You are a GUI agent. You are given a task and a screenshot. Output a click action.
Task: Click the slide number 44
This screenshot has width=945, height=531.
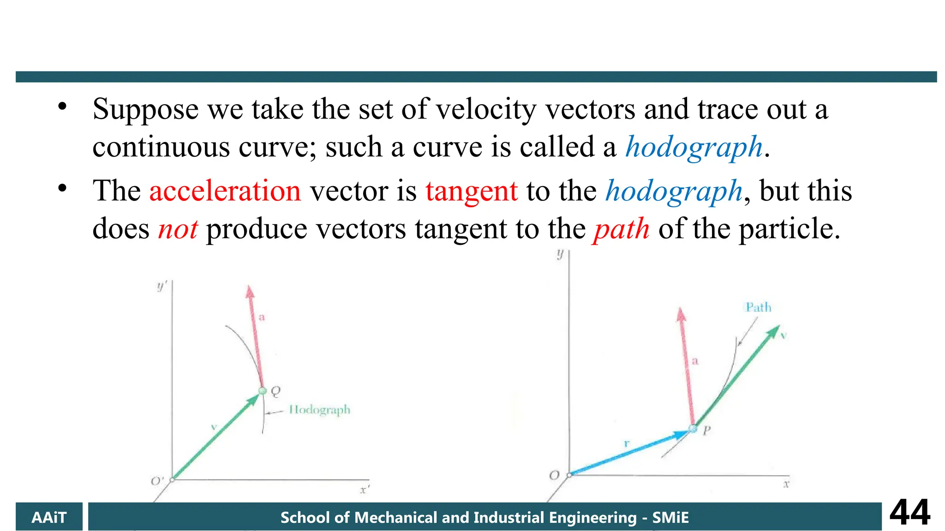click(909, 513)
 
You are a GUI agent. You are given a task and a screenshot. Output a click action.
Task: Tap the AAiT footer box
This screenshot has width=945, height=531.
click(49, 517)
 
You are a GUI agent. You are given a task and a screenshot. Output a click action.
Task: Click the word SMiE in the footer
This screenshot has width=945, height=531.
click(670, 518)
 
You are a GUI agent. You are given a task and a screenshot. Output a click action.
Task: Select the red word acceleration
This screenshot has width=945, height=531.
click(225, 191)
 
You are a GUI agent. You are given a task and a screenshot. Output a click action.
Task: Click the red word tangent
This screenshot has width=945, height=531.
click(471, 191)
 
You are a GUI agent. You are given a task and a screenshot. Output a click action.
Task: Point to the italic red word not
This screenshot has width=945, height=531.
click(178, 229)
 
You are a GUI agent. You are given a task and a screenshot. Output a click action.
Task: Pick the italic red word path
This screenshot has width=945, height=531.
click(621, 229)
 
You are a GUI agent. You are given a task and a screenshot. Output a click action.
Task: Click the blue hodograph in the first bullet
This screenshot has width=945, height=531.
click(694, 147)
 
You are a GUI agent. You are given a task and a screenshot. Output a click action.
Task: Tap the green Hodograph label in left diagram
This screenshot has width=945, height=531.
click(319, 410)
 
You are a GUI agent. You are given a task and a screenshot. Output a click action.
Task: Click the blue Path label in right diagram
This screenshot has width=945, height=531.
click(758, 307)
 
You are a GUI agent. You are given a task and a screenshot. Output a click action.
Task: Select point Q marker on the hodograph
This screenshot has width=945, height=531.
click(263, 391)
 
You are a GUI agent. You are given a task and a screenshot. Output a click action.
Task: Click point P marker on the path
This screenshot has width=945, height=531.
click(693, 429)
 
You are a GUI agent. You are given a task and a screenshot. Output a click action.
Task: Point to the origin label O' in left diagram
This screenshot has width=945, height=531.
click(157, 481)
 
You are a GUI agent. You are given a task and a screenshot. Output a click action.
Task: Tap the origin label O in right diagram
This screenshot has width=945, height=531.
click(554, 475)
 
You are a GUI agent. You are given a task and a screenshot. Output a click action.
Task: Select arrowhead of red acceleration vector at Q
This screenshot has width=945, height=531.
click(250, 292)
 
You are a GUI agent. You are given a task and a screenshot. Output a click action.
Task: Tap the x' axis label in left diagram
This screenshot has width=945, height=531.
click(365, 490)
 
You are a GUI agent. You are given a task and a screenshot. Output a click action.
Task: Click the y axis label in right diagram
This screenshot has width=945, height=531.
click(560, 254)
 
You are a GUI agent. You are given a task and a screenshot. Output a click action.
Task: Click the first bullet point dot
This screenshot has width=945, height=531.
click(62, 107)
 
